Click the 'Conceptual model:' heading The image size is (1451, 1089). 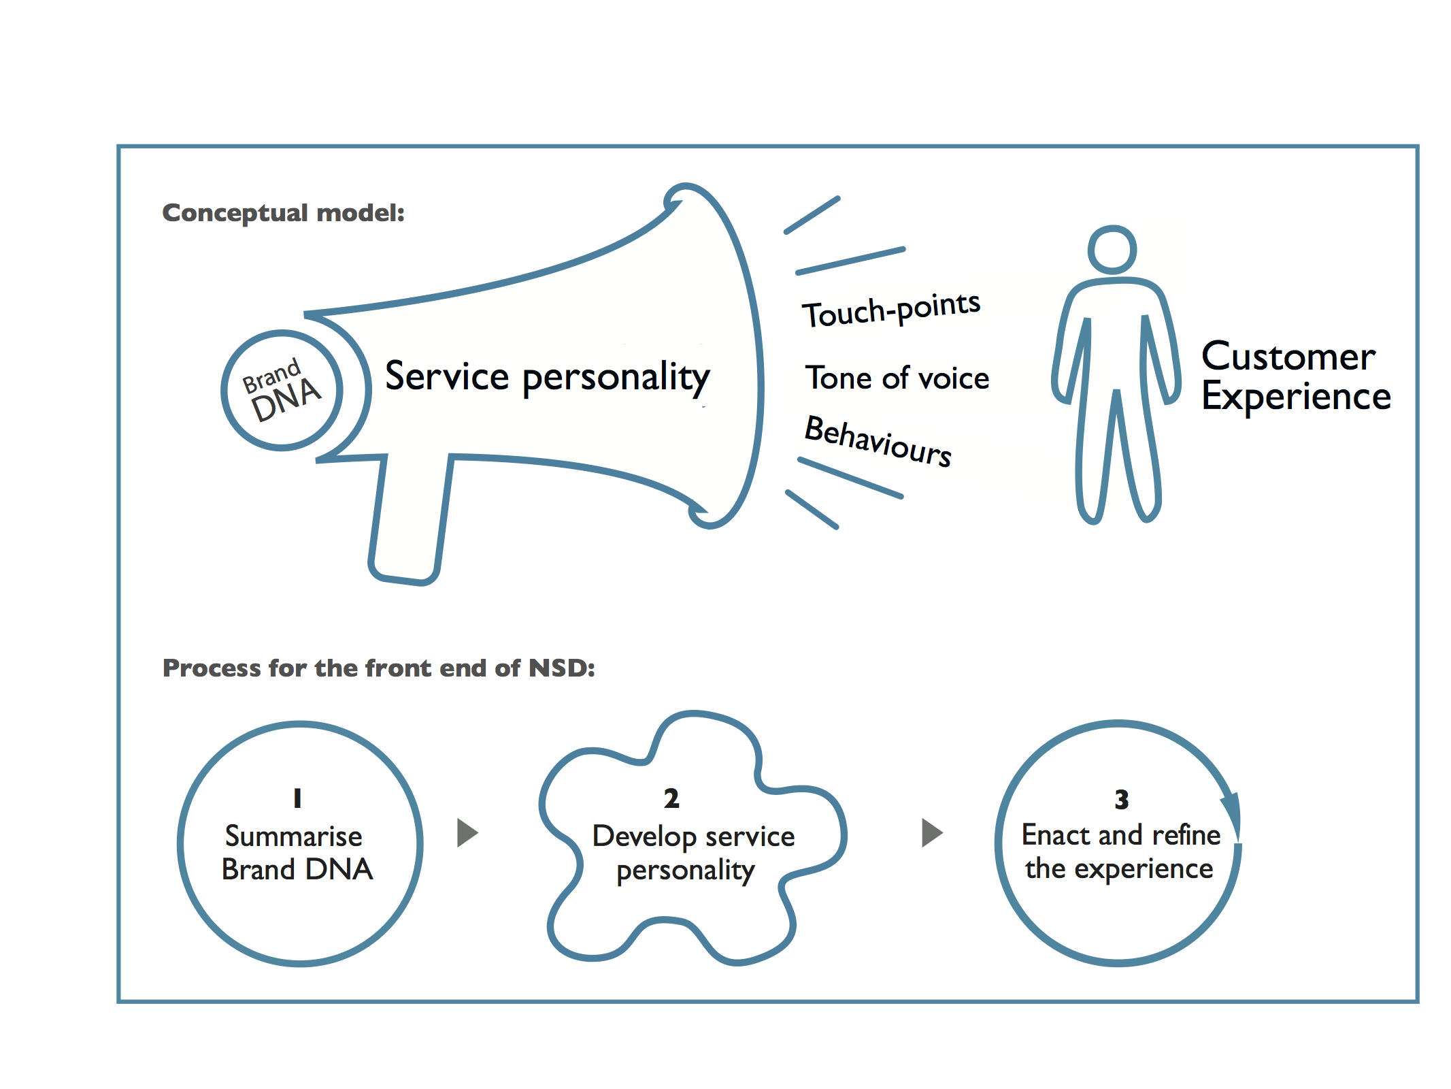pyautogui.click(x=283, y=213)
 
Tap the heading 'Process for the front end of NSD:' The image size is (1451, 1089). pyautogui.click(x=379, y=668)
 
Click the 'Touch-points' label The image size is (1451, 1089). pyautogui.click(x=892, y=309)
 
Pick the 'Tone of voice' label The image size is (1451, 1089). pyautogui.click(x=897, y=378)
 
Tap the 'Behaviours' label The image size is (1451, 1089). pyautogui.click(x=878, y=440)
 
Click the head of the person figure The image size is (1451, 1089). pyautogui.click(x=1112, y=250)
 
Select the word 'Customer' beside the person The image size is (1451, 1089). pyautogui.click(x=1288, y=356)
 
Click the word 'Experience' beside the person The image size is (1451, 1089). pyautogui.click(x=1296, y=397)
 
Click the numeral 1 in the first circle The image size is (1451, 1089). pyautogui.click(x=297, y=798)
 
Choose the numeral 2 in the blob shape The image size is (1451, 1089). pyautogui.click(x=671, y=798)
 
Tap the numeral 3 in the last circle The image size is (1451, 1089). pyautogui.click(x=1122, y=800)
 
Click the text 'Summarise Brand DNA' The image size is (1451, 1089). pyautogui.click(x=297, y=853)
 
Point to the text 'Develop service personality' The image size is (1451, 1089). pyautogui.click(x=693, y=854)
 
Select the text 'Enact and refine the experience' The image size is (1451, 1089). pyautogui.click(x=1121, y=852)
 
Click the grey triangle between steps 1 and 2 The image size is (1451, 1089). pyautogui.click(x=467, y=832)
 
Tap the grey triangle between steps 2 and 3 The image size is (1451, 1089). pyautogui.click(x=931, y=832)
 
